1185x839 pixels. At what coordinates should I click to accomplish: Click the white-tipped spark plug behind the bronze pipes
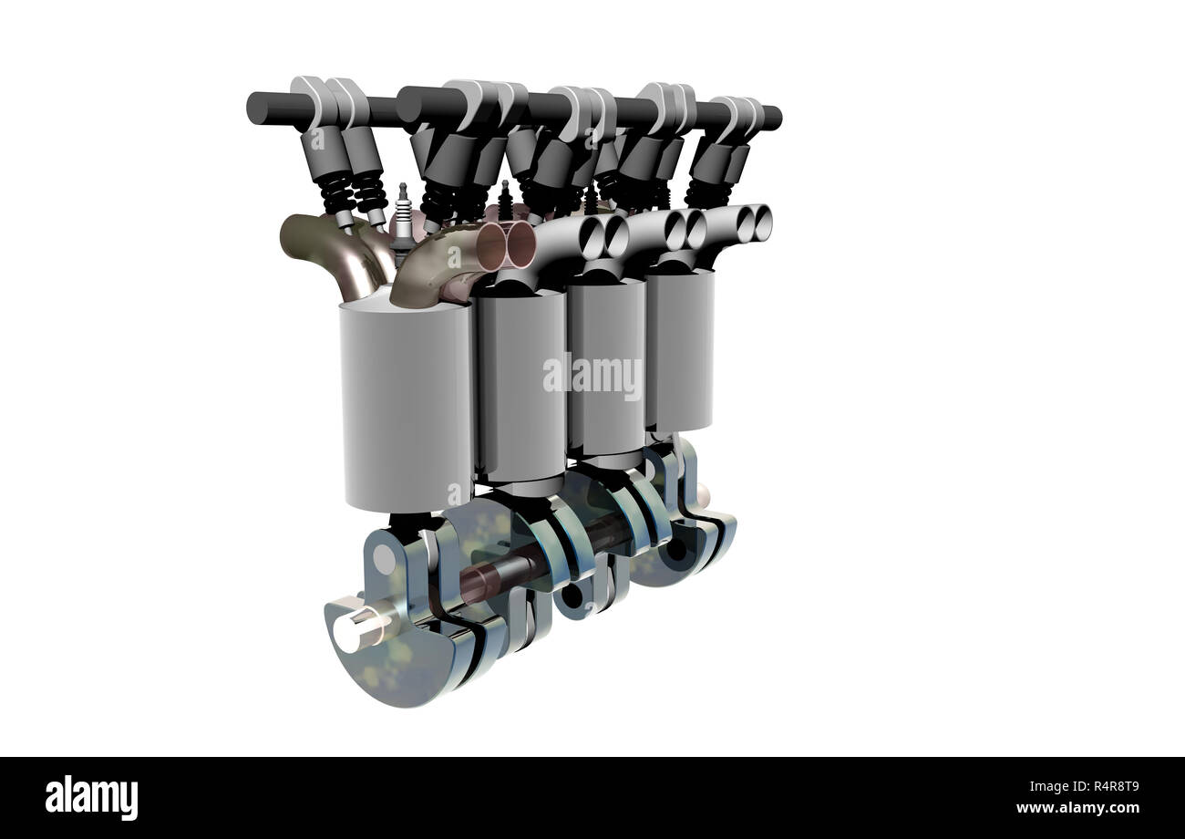click(x=402, y=219)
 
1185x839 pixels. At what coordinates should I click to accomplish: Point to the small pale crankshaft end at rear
click(x=702, y=495)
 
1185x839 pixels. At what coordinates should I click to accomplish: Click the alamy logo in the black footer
click(x=91, y=796)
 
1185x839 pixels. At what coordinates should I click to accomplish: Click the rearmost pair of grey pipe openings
click(x=754, y=219)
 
